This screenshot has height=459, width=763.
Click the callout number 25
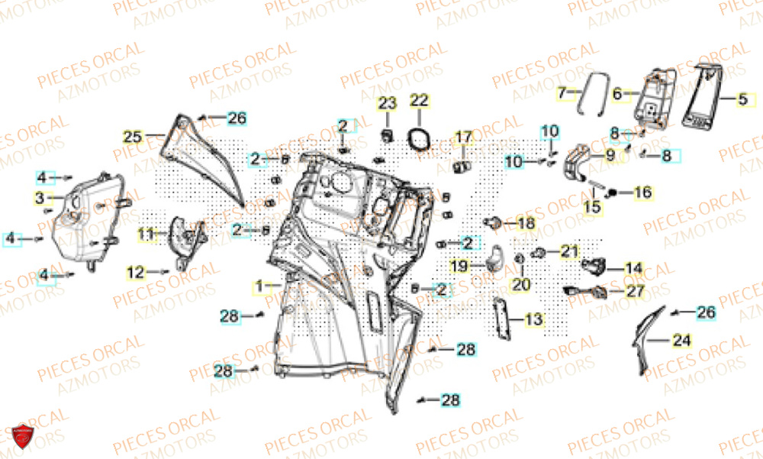pyautogui.click(x=133, y=137)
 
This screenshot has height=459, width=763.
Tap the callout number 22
pyautogui.click(x=420, y=101)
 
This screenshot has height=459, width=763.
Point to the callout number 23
pyautogui.click(x=387, y=103)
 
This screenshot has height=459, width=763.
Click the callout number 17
pyautogui.click(x=464, y=137)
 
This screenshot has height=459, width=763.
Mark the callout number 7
pyautogui.click(x=563, y=94)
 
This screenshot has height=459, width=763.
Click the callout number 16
pyautogui.click(x=643, y=192)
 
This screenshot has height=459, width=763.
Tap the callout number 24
pyautogui.click(x=683, y=341)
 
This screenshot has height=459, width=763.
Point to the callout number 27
pyautogui.click(x=635, y=291)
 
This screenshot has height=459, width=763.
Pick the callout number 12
pyautogui.click(x=135, y=271)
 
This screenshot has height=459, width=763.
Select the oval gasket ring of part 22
pyautogui.click(x=417, y=140)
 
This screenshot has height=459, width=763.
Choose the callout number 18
pyautogui.click(x=526, y=223)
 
